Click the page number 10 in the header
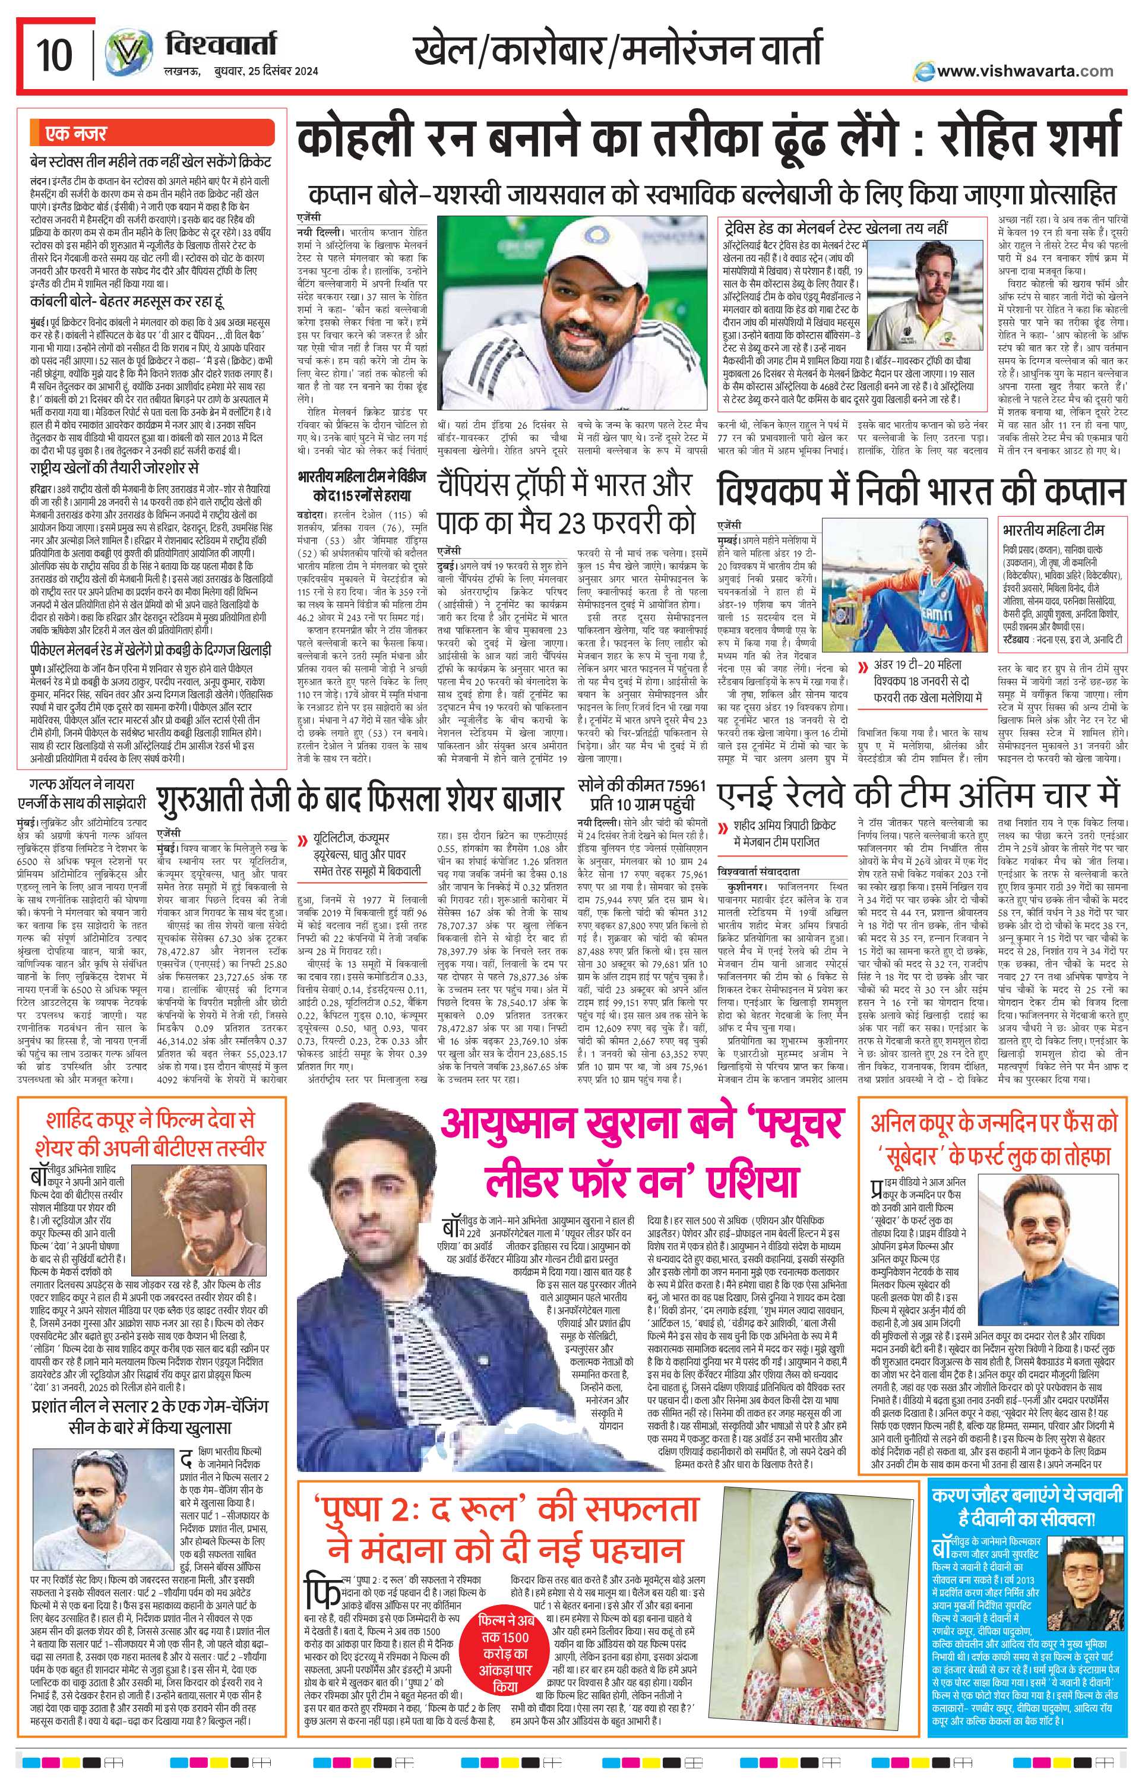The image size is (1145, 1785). click(x=53, y=56)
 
